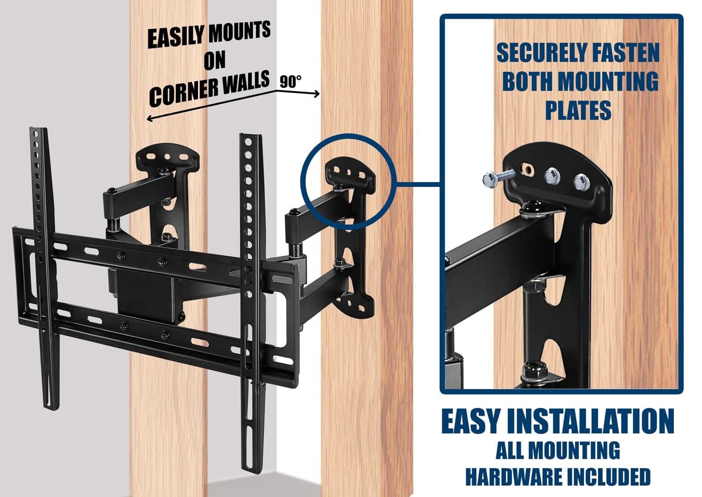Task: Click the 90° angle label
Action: tap(291, 81)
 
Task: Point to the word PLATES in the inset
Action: tap(578, 110)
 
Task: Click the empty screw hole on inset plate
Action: tap(528, 169)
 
